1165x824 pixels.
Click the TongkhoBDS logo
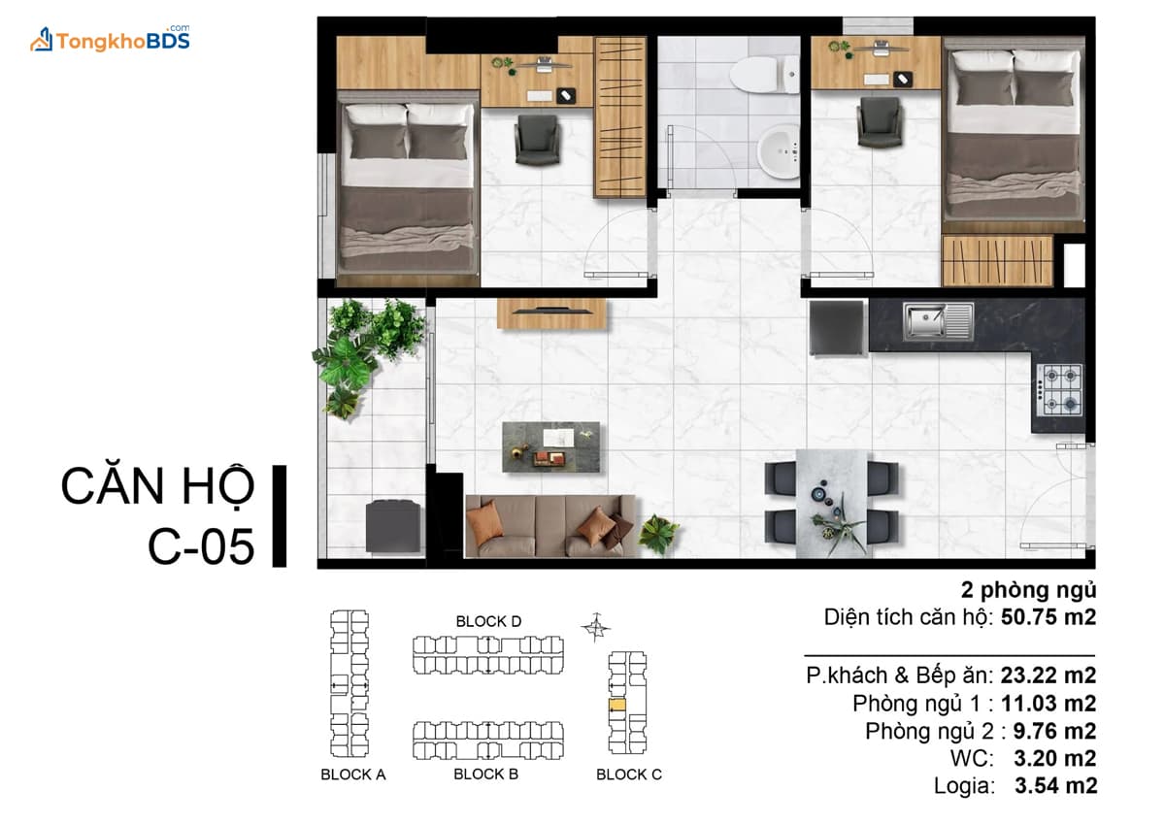pyautogui.click(x=111, y=39)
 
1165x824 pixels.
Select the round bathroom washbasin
pyautogui.click(x=779, y=151)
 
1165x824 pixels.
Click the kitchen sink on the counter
pyautogui.click(x=938, y=321)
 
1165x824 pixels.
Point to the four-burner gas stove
pyautogui.click(x=1059, y=390)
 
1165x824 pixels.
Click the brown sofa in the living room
pyautogui.click(x=550, y=526)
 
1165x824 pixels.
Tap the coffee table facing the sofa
pyautogui.click(x=550, y=447)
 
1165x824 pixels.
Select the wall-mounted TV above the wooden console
pyautogui.click(x=551, y=311)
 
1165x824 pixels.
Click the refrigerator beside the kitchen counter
pyautogui.click(x=836, y=329)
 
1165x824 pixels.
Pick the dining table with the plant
pyautogui.click(x=832, y=504)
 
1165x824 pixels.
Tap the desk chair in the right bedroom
pyautogui.click(x=880, y=122)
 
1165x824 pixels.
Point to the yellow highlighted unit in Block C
pyautogui.click(x=617, y=705)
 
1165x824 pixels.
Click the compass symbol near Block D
pyautogui.click(x=596, y=628)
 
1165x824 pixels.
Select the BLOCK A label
pyautogui.click(x=353, y=775)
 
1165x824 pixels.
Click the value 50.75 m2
pyautogui.click(x=1048, y=617)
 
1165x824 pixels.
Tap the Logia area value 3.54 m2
pyautogui.click(x=1056, y=785)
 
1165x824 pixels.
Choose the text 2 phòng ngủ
pyautogui.click(x=1029, y=590)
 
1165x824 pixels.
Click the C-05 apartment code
pyautogui.click(x=201, y=546)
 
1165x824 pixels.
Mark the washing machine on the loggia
pyautogui.click(x=393, y=526)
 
